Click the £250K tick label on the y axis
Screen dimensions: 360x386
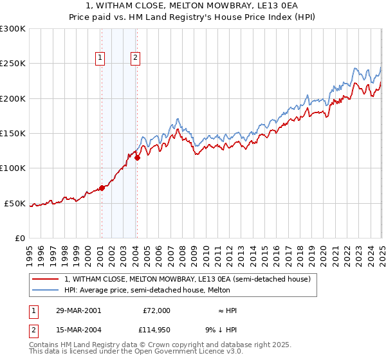click(x=13, y=64)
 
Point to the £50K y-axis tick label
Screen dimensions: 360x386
click(x=15, y=203)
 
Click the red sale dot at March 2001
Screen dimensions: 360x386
click(x=102, y=188)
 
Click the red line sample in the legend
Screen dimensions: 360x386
click(x=46, y=279)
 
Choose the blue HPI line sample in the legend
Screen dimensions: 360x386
click(x=46, y=290)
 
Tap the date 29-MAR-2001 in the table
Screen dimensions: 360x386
click(x=78, y=310)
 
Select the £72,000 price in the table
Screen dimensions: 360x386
click(x=156, y=310)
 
